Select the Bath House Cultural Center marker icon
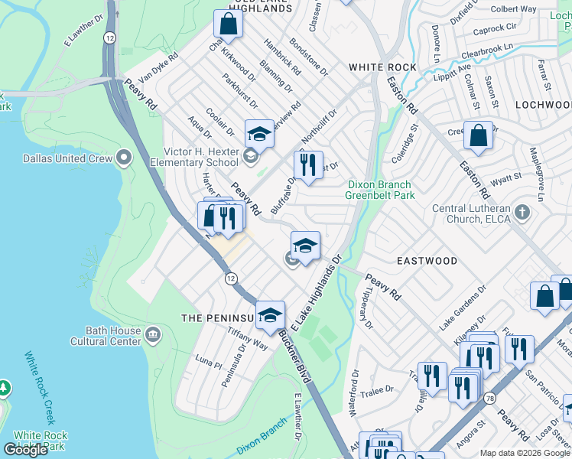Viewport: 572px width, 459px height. pos(153,335)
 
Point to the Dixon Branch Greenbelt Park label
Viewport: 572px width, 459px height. pos(379,190)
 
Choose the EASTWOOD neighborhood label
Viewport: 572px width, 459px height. pos(427,261)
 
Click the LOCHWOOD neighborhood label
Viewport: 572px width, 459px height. pos(543,104)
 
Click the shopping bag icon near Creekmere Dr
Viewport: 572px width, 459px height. pos(478,135)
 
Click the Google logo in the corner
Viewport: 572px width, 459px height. pos(25,450)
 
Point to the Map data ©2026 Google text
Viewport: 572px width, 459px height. pos(523,453)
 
